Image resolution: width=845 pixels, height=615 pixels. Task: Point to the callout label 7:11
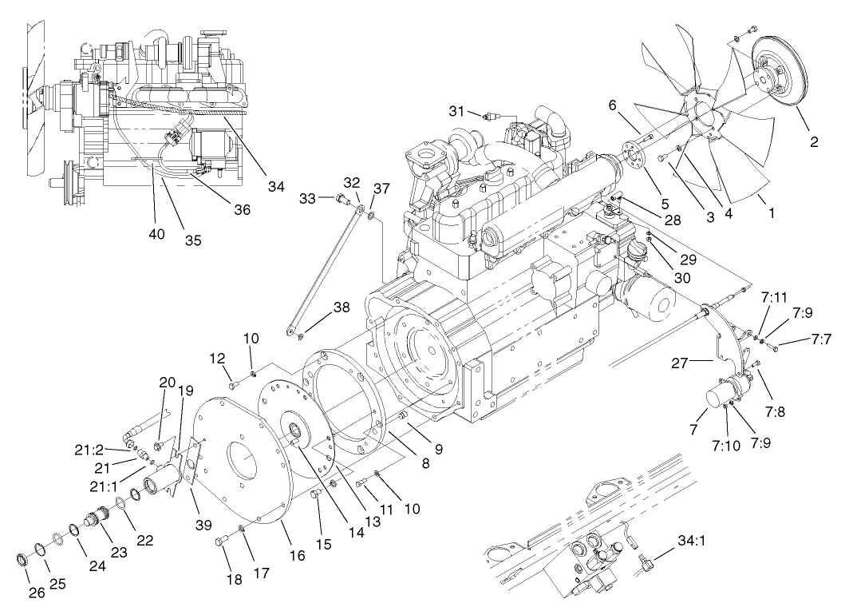tap(775, 297)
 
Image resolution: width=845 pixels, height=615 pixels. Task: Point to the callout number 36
tap(241, 210)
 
